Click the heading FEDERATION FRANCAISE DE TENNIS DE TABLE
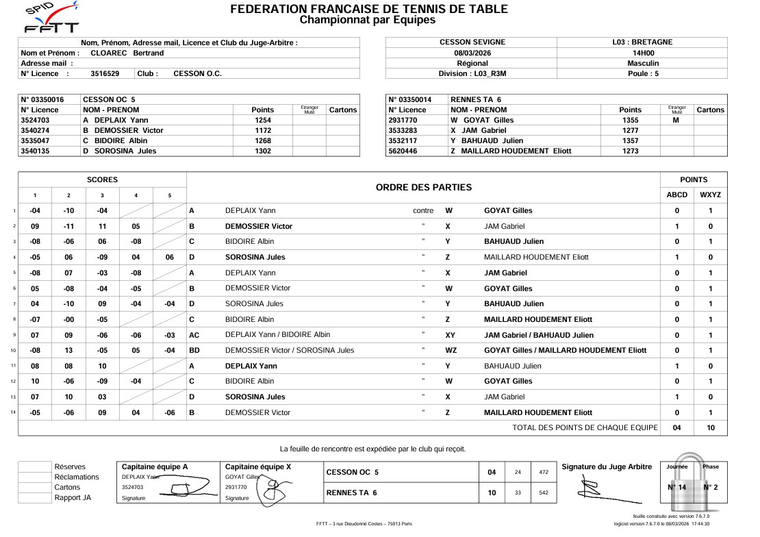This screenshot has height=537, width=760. pos(369,9)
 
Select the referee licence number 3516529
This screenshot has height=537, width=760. pos(105,74)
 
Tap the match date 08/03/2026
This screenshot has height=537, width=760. pos(472,53)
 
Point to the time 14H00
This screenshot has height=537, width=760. pos(643,53)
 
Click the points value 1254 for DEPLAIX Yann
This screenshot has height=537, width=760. pos(263,120)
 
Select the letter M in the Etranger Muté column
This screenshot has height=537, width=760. pos(676,120)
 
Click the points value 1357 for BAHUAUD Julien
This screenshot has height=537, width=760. pos(630,140)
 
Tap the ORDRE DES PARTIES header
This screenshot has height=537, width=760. pos(424,188)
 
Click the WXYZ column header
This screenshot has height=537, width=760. pos(711,195)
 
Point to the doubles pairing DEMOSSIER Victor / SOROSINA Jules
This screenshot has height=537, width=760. pos(290,351)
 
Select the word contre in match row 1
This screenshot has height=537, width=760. pos(423,211)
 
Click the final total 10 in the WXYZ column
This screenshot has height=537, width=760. pos(711,428)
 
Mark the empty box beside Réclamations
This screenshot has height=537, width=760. pos(35,477)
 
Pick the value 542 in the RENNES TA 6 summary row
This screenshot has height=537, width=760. pos(544,492)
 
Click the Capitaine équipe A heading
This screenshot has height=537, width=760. pos(155,467)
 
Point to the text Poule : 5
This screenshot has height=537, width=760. pos(643,74)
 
